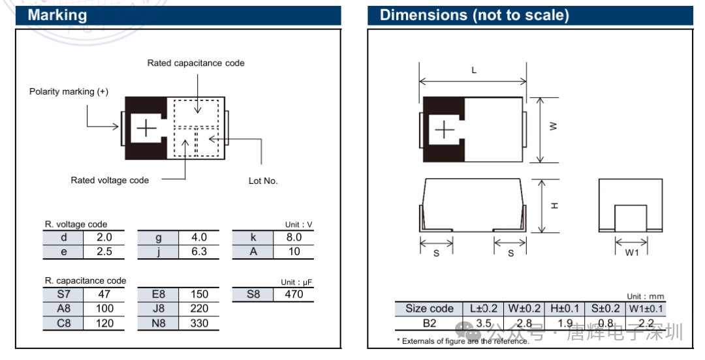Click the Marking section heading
(57, 15)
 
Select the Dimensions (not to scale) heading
(475, 15)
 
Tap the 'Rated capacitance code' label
(196, 63)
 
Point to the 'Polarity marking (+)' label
(69, 92)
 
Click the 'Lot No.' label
(263, 181)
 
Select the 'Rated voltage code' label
(110, 180)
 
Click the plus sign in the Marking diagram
(147, 129)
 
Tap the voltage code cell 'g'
(158, 238)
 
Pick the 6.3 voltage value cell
(198, 252)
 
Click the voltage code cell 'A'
(253, 252)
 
